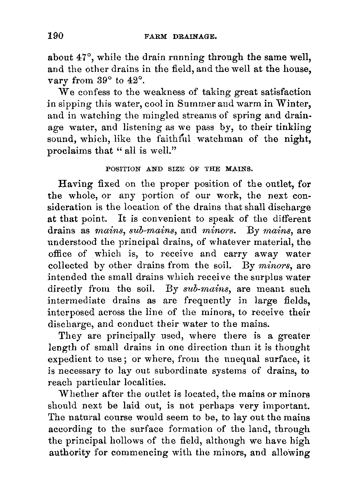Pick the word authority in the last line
pyautogui.click(x=69, y=453)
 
